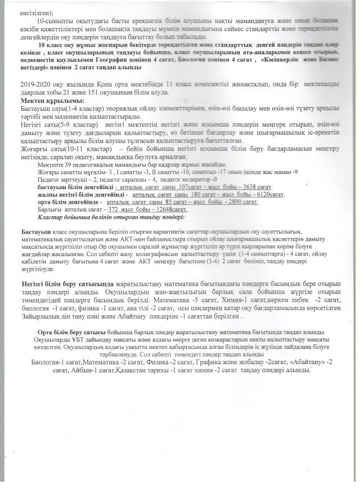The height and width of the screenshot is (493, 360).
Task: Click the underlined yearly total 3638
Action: (x=247, y=186)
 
